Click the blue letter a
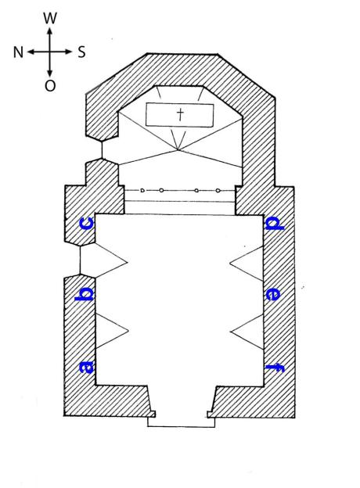(87, 366)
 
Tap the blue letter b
(84, 294)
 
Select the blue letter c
(87, 224)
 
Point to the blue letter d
(275, 224)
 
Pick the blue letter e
(272, 294)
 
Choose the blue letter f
(275, 368)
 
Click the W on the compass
(50, 18)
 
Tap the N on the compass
(18, 52)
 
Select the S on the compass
(81, 52)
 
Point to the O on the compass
(50, 85)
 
